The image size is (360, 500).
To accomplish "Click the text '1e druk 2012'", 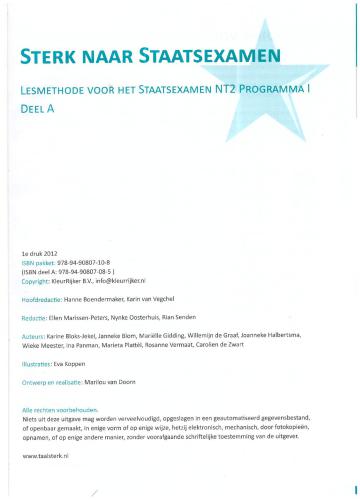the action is [42, 256].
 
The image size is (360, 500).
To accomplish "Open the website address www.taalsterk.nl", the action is [46, 455].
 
